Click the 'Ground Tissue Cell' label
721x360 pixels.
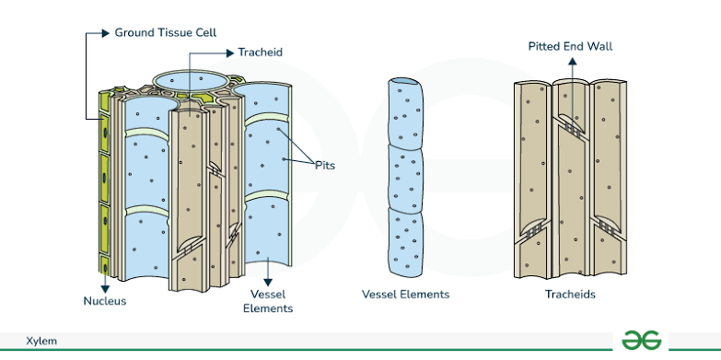point(165,32)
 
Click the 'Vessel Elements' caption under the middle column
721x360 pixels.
point(405,295)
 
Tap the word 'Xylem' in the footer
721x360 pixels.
point(41,341)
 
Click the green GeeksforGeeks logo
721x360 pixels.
point(642,339)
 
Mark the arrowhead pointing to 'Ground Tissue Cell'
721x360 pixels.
point(104,32)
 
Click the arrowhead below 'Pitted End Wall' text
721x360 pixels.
point(570,62)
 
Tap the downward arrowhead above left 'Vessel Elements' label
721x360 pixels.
point(267,282)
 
